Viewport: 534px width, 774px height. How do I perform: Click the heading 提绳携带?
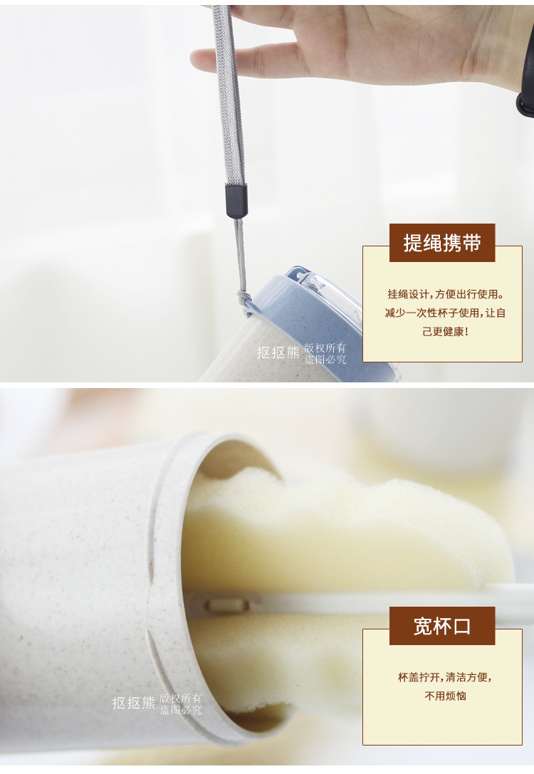[x=442, y=243]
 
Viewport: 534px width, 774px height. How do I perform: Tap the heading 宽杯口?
[x=442, y=626]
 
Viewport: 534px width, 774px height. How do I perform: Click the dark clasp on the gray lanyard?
[x=236, y=200]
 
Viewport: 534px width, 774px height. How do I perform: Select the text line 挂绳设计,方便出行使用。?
[x=445, y=293]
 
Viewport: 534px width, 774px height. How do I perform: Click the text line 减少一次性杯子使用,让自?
[x=445, y=313]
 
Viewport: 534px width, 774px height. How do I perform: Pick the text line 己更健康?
[x=445, y=332]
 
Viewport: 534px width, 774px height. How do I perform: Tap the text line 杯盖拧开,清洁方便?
[x=445, y=677]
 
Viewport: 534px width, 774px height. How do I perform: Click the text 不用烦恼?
[x=445, y=696]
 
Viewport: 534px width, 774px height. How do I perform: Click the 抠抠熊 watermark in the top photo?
[x=278, y=352]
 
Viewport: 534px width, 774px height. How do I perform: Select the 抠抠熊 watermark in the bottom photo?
[x=133, y=703]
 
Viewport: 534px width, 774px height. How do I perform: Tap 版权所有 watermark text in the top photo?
[x=325, y=347]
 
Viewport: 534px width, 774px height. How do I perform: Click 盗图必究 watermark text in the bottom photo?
[x=181, y=710]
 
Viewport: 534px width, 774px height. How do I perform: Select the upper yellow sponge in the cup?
[x=342, y=527]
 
